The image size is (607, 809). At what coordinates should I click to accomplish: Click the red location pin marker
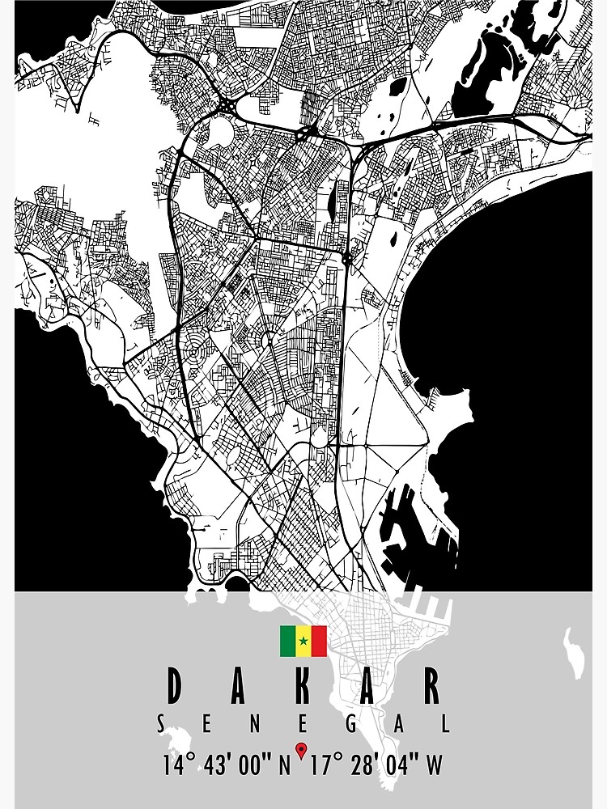(301, 750)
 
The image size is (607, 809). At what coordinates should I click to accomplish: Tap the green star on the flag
(303, 642)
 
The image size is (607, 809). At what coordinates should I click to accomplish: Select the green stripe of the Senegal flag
(287, 642)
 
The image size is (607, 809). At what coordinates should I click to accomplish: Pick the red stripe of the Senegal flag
(319, 642)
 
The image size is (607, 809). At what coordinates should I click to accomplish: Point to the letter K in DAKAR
(304, 687)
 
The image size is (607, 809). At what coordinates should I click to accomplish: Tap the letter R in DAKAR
(431, 687)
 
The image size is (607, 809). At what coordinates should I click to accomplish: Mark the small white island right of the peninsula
(575, 652)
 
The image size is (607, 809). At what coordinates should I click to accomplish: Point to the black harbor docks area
(405, 526)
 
